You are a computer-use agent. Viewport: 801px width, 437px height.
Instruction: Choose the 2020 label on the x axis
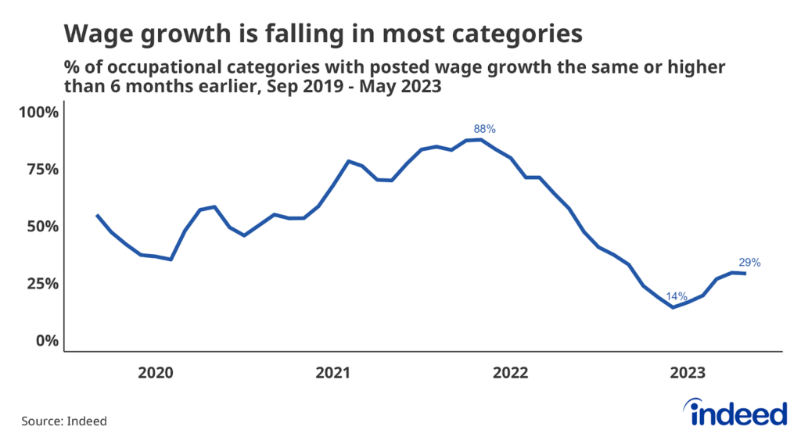156,372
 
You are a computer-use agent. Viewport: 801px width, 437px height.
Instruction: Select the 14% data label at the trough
677,296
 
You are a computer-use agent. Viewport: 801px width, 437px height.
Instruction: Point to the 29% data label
749,263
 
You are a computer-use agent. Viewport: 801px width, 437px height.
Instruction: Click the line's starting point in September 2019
97,215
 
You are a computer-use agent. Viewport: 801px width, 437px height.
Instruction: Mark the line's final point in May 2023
745,274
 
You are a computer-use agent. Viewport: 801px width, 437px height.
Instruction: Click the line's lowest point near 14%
672,307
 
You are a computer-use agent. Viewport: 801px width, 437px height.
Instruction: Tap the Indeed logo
735,412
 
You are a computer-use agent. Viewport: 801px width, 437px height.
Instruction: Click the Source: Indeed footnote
64,421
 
